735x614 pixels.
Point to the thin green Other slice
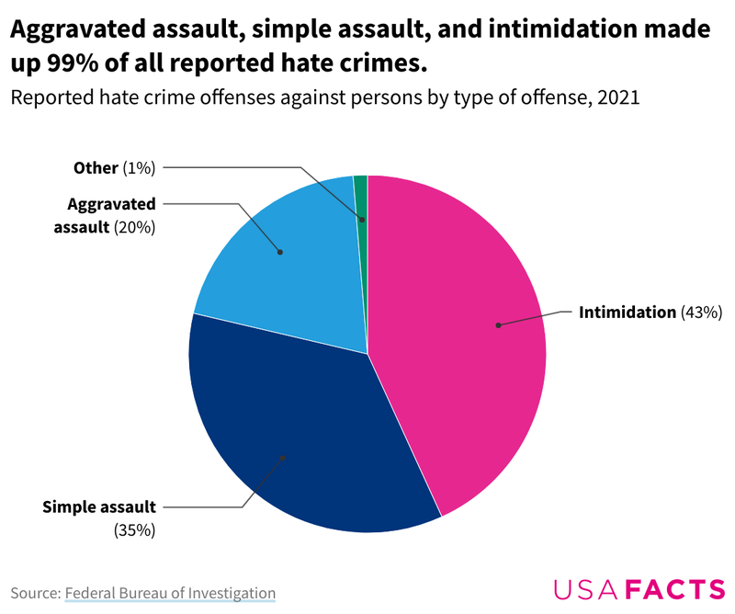point(361,198)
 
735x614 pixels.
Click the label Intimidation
point(627,313)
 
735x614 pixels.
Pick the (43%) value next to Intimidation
point(702,313)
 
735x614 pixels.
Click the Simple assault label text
point(99,506)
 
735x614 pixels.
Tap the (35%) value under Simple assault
point(134,530)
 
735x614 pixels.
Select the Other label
point(96,167)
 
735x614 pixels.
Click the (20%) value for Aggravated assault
point(134,226)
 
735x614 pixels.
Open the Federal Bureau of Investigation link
point(170,593)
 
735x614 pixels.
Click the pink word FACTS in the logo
point(675,589)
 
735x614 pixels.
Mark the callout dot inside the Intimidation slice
point(498,324)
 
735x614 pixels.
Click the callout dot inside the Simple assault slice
point(282,457)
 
